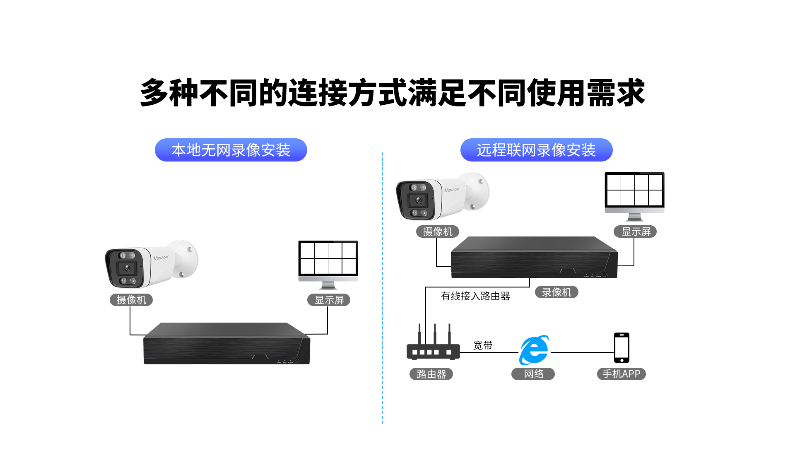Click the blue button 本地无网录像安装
pos(231,150)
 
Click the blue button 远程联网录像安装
pos(536,150)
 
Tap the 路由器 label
pos(431,374)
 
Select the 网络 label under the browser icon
pos(533,374)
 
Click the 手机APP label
pos(621,374)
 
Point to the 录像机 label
pos(556,292)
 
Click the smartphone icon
pos(622,347)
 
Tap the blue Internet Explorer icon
pos(534,350)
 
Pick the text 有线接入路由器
pos(475,296)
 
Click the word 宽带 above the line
pos(483,345)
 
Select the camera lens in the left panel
pos(127,268)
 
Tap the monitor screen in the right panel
pos(634,190)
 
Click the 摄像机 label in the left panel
pos(131,300)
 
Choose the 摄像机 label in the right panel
pos(438,232)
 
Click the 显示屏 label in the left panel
pos(329,300)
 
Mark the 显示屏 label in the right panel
pos(636,232)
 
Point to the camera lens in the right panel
pos(418,200)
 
